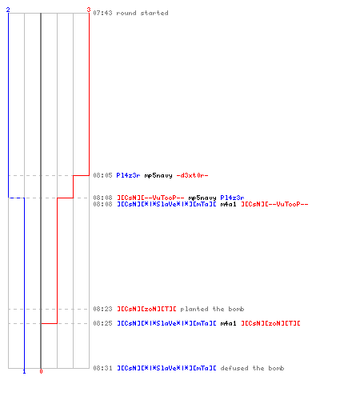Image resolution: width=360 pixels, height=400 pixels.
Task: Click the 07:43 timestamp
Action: [102, 13]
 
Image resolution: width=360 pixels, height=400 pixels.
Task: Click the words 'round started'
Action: [142, 13]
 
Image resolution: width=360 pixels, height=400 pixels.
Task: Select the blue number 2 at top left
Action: [8, 10]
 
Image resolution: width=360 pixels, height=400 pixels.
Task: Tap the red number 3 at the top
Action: [89, 10]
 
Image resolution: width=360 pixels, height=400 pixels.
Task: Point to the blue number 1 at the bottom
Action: [24, 371]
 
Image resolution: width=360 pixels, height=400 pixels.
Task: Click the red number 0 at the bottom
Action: [41, 371]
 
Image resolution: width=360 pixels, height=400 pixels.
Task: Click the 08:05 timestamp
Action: [102, 175]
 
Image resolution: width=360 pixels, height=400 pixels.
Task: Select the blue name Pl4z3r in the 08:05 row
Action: [128, 175]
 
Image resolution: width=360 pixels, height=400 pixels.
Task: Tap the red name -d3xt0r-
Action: [192, 175]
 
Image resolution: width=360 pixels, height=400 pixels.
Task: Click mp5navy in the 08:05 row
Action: [158, 175]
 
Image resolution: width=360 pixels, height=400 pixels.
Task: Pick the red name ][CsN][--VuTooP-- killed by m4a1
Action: [274, 204]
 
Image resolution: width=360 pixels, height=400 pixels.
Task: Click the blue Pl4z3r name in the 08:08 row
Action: [232, 198]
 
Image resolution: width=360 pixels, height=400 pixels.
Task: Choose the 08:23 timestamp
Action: [102, 309]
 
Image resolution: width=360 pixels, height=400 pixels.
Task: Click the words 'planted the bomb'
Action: [212, 309]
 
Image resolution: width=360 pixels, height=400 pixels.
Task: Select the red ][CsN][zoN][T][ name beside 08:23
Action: [146, 309]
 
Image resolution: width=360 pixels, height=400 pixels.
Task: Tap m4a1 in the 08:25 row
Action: [228, 323]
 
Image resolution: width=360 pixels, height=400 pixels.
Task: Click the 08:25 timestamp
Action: [102, 323]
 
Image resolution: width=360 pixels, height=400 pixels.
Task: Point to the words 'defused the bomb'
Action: [252, 368]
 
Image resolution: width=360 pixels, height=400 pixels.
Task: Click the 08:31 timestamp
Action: [102, 368]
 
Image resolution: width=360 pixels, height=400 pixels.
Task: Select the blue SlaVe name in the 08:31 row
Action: [166, 368]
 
